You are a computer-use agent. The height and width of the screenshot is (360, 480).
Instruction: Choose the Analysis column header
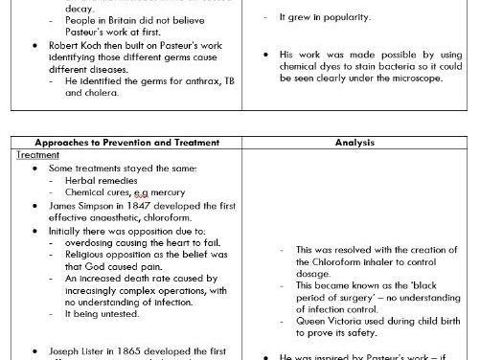359,143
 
